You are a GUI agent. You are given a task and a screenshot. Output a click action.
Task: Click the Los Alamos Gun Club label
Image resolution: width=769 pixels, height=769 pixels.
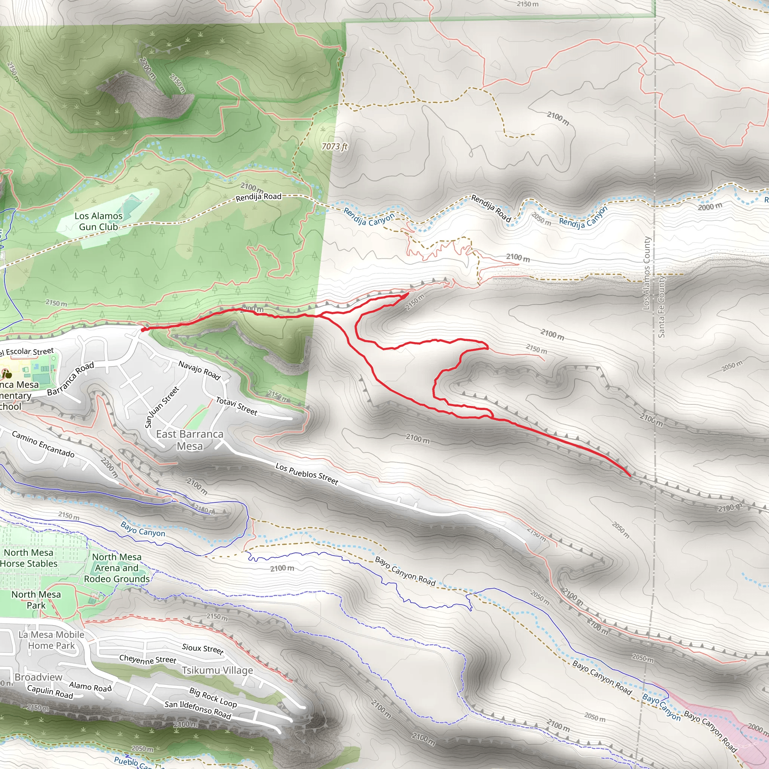tap(98, 221)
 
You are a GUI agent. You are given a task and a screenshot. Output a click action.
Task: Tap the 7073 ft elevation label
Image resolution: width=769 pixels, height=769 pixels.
tap(334, 146)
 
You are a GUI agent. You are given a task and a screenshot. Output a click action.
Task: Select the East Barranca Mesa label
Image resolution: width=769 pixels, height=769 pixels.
tap(190, 440)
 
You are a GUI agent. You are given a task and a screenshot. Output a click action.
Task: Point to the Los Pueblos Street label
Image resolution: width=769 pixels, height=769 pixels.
tap(307, 473)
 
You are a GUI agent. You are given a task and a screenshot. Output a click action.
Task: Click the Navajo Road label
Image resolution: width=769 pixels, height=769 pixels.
tap(199, 370)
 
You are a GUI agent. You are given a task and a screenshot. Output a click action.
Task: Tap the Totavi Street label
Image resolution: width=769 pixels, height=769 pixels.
tap(237, 406)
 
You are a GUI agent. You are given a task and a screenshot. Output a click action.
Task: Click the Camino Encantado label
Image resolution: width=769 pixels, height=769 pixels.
tap(43, 444)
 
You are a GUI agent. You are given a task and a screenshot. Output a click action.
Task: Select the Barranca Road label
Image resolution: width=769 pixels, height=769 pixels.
tap(71, 378)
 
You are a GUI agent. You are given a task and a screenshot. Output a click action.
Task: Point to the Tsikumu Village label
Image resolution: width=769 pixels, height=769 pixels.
tap(217, 670)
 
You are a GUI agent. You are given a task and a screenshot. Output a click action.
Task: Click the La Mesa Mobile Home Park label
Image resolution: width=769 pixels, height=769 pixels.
tap(51, 640)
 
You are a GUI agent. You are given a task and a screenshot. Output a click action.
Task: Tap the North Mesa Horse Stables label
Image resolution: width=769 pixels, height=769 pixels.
tap(29, 558)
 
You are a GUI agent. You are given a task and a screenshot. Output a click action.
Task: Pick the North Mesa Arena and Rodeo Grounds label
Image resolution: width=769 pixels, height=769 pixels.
tap(117, 568)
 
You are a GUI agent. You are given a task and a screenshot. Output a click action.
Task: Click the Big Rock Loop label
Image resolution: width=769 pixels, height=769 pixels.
tap(213, 697)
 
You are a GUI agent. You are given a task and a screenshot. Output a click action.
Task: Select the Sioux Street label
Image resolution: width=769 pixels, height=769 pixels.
tap(203, 649)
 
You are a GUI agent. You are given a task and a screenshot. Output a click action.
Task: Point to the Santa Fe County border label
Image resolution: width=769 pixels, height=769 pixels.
tap(662, 306)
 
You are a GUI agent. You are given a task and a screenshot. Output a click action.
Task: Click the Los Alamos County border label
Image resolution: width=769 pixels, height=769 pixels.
tap(647, 273)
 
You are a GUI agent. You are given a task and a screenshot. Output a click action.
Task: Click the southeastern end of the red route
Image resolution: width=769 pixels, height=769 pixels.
tap(630, 475)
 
